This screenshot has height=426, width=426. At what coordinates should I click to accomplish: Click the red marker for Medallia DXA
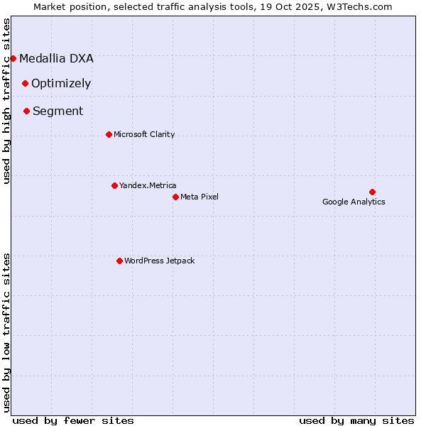(x=13, y=58)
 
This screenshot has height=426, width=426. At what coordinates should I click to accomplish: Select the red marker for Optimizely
(x=25, y=83)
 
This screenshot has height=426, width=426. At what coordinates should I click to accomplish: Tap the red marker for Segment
(x=26, y=111)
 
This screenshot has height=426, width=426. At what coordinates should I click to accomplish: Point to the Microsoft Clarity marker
(x=109, y=134)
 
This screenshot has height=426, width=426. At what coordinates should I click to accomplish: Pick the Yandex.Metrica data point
(x=114, y=185)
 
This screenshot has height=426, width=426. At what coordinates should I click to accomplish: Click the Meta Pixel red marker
(x=175, y=197)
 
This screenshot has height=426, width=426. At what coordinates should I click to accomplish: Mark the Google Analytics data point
(x=372, y=192)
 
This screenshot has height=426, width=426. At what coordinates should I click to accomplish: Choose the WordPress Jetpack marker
(x=119, y=261)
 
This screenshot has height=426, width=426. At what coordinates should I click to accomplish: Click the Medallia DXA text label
(x=56, y=58)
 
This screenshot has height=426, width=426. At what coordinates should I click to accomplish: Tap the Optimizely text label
(x=61, y=83)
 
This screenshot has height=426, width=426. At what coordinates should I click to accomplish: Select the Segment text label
(x=58, y=111)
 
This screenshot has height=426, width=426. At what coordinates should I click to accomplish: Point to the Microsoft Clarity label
(x=144, y=134)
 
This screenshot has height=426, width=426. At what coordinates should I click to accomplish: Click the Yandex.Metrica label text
(x=148, y=185)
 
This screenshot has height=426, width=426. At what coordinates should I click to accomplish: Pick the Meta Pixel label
(x=200, y=197)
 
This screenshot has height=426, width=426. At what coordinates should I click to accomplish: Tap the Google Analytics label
(x=354, y=202)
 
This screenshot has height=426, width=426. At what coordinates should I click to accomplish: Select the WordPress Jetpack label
(x=159, y=261)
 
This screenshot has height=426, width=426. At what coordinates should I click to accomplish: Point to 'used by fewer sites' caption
(x=73, y=420)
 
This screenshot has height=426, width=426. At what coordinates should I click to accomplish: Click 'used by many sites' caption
(x=356, y=420)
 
